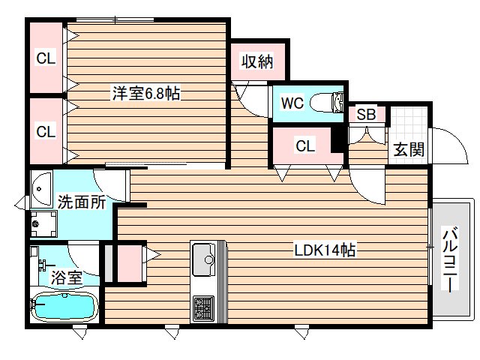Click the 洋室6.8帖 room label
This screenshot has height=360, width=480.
coord(147,94)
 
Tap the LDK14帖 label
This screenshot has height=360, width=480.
coord(324,251)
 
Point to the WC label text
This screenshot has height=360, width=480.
coord(292,103)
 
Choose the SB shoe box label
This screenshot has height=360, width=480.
coord(366,115)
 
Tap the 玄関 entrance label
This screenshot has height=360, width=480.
coord(409,148)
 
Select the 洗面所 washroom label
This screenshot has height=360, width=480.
coord(80,202)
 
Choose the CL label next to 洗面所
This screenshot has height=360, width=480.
coord(46,131)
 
